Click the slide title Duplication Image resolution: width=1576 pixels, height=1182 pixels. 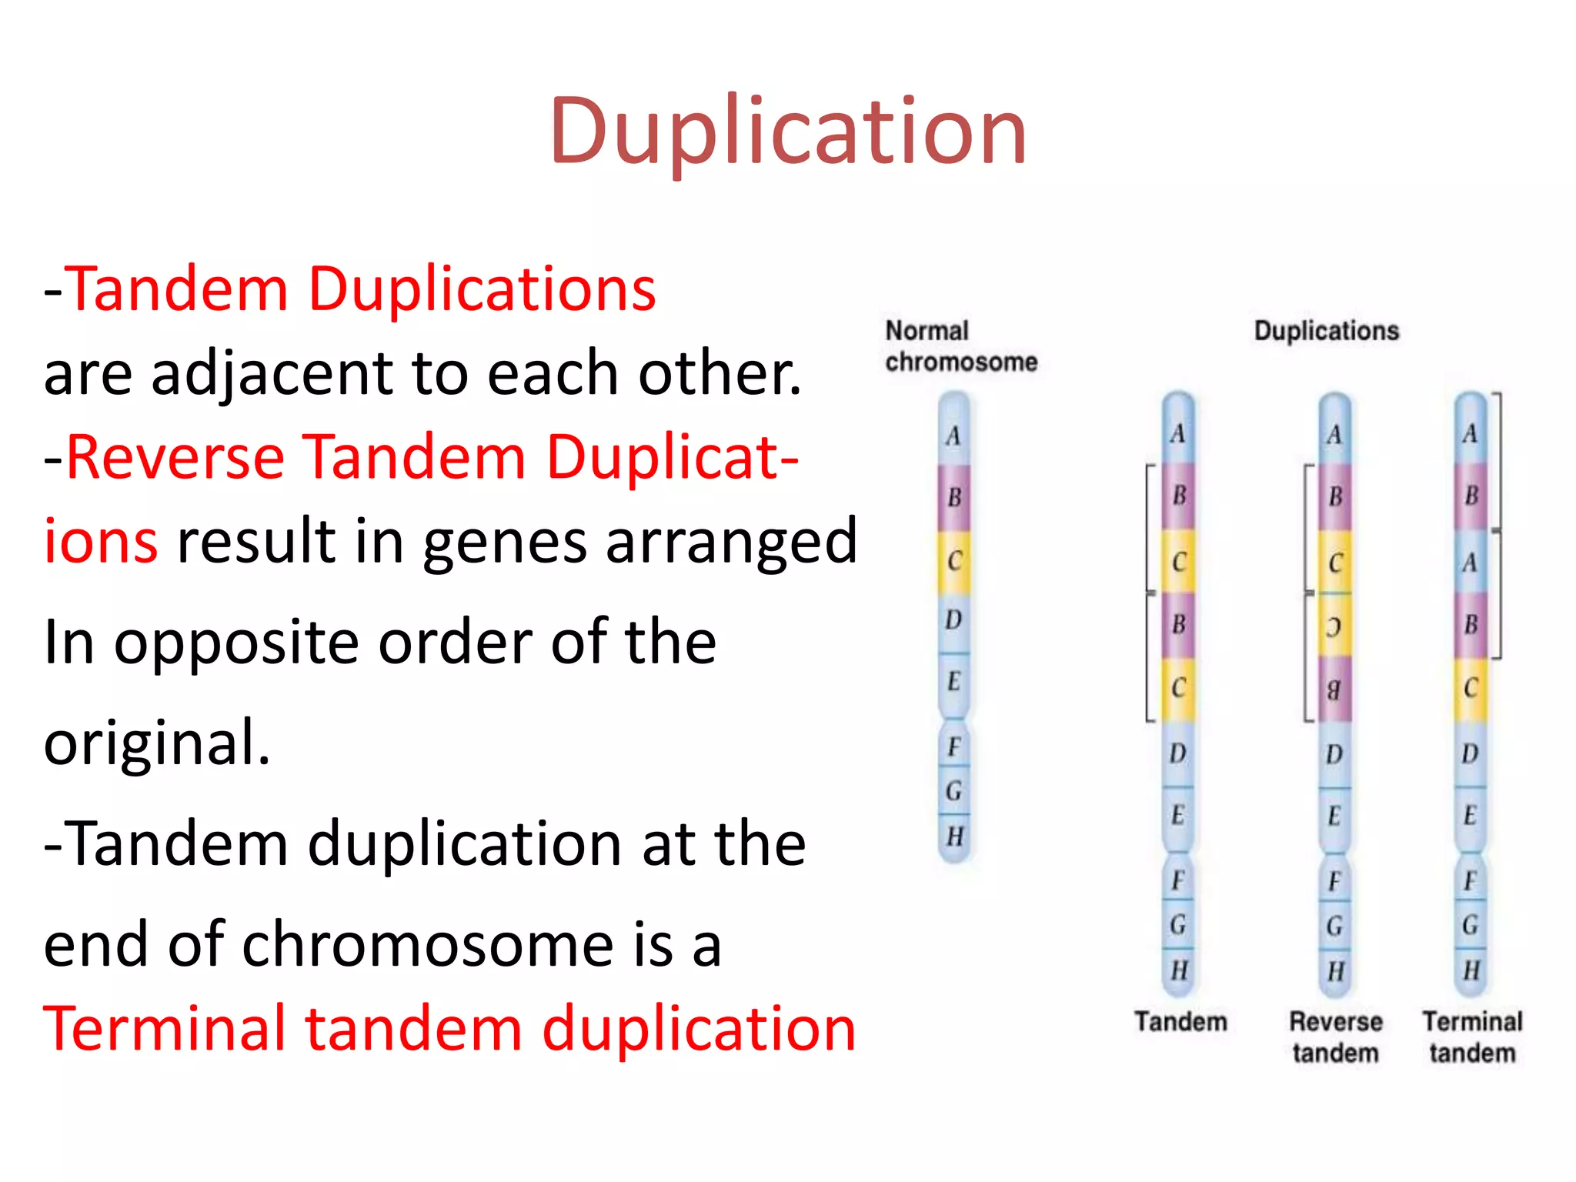[x=787, y=131]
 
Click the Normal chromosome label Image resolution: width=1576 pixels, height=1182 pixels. [x=960, y=346]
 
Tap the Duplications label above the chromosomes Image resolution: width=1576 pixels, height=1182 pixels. [x=1326, y=331]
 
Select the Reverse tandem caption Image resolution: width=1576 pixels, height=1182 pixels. [x=1335, y=1037]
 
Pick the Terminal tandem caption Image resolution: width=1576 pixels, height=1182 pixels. [x=1472, y=1037]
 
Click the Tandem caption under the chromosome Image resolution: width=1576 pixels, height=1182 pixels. [x=1180, y=1022]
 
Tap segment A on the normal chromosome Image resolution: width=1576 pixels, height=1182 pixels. [x=954, y=436]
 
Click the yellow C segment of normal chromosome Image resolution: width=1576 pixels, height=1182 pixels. [x=954, y=561]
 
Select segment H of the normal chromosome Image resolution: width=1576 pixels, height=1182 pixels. [x=955, y=836]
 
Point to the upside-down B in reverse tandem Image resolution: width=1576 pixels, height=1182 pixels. [x=1334, y=689]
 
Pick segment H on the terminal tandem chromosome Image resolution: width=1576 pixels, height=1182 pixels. [x=1471, y=970]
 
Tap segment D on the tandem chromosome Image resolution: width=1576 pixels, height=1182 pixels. [x=1178, y=753]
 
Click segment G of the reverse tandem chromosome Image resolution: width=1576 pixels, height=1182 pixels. [x=1335, y=926]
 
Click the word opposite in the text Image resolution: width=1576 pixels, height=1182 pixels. [x=237, y=642]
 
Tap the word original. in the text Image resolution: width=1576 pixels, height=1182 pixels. [x=157, y=743]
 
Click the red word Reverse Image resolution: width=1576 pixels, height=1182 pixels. [x=176, y=457]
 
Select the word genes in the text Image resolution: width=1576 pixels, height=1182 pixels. [x=506, y=542]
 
